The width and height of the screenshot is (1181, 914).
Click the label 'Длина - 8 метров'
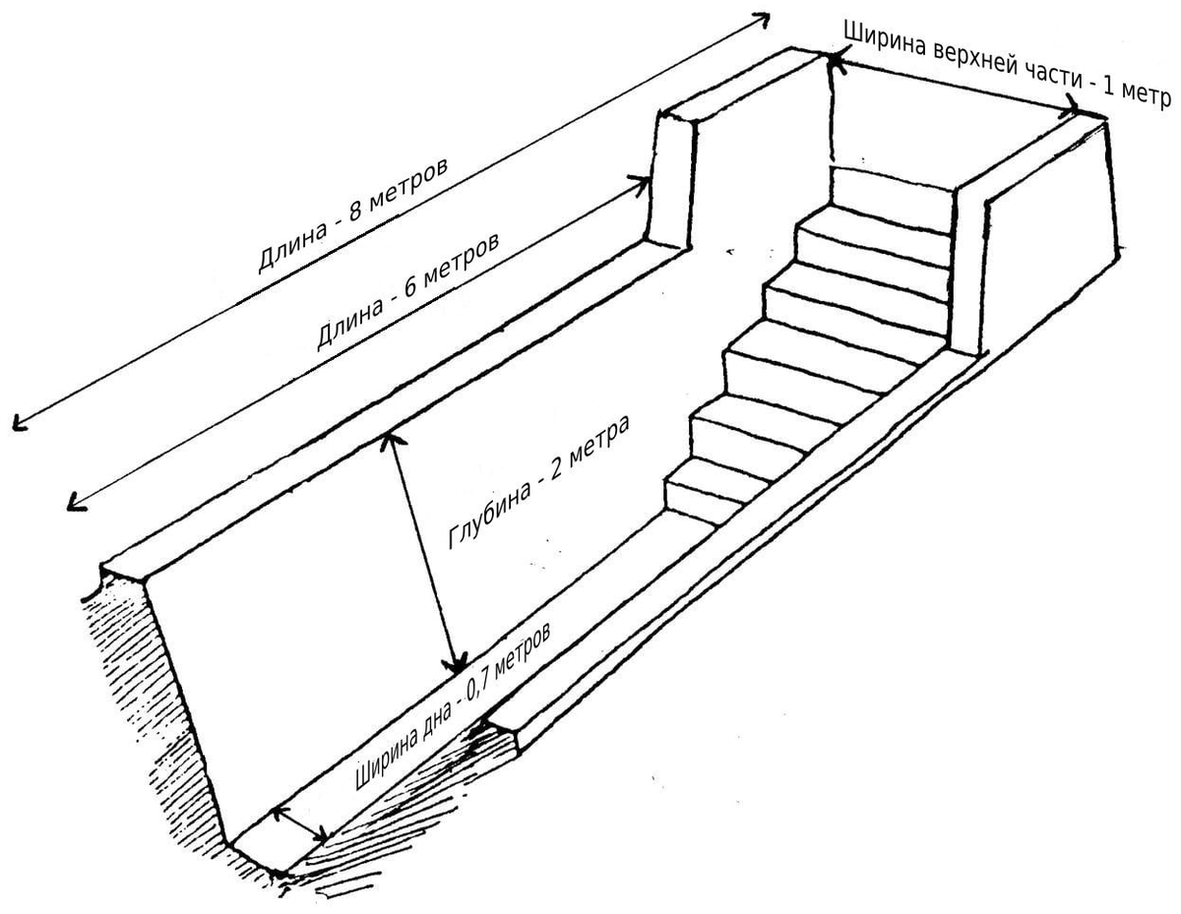pos(352,215)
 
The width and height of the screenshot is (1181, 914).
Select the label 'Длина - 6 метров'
pos(407,291)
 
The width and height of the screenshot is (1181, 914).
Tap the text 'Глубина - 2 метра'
pos(539,482)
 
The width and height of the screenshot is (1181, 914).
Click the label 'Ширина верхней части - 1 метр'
pos(1007,66)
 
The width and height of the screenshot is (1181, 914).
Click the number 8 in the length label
pos(355,213)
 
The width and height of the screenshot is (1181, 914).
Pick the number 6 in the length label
pos(408,289)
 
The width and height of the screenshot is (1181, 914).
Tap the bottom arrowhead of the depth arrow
pos(458,666)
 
